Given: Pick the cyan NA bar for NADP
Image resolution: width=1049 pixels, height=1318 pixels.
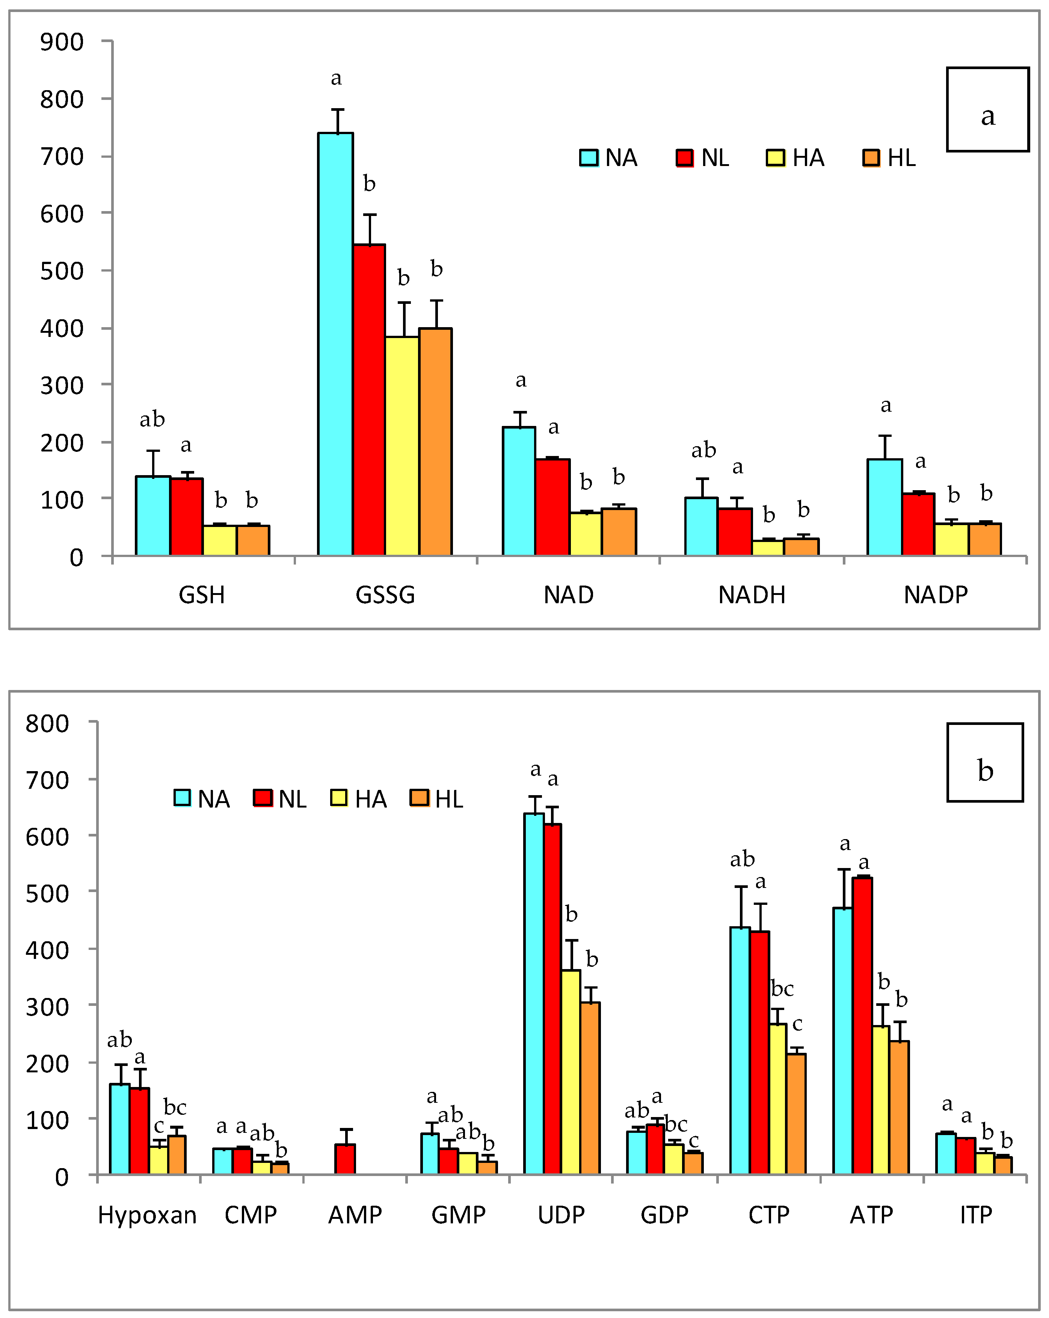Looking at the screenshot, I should [884, 507].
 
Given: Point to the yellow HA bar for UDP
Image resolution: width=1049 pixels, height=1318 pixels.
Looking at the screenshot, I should [571, 1072].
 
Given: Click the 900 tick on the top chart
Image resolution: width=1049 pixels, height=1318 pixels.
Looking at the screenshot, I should [62, 42].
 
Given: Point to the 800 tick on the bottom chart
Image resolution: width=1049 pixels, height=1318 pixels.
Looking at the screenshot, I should [47, 723].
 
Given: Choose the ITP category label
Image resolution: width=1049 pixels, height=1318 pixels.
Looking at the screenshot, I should [976, 1215].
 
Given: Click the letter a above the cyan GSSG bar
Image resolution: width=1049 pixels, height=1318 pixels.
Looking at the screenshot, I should [336, 78].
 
